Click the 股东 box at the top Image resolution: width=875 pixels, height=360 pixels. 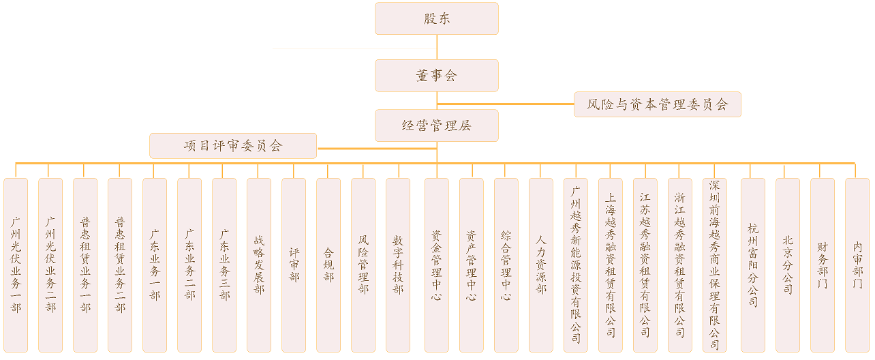pos(436,18)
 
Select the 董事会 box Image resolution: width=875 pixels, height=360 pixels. pos(436,76)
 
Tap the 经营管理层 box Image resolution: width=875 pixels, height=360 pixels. pos(436,125)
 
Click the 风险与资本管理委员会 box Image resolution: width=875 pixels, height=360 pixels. pos(657,104)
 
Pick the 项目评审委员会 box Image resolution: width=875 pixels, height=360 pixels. pos(233,145)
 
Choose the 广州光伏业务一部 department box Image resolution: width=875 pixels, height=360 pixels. pos(16,265)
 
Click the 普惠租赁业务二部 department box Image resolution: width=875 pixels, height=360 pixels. pos(120,265)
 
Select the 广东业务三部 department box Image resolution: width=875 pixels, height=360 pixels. pos(224,265)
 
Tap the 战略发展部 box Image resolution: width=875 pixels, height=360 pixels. pos(259,265)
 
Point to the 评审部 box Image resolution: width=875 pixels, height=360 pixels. pos(294,265)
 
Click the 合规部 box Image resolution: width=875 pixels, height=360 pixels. pos(328,265)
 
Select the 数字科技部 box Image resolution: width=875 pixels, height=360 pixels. pos(398,265)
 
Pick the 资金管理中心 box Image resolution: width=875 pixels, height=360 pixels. pos(437,265)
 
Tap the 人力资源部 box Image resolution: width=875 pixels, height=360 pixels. pos(541,265)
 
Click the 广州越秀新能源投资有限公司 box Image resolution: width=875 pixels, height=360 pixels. pos(576,265)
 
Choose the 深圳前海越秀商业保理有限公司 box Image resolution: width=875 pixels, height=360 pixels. pos(715,265)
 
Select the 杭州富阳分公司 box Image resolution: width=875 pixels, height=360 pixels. pos(753,265)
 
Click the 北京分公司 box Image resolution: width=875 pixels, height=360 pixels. pos(788,265)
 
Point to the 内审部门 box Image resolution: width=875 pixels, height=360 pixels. pos(857,265)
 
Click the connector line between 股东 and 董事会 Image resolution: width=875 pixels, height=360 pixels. pos(437,47)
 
